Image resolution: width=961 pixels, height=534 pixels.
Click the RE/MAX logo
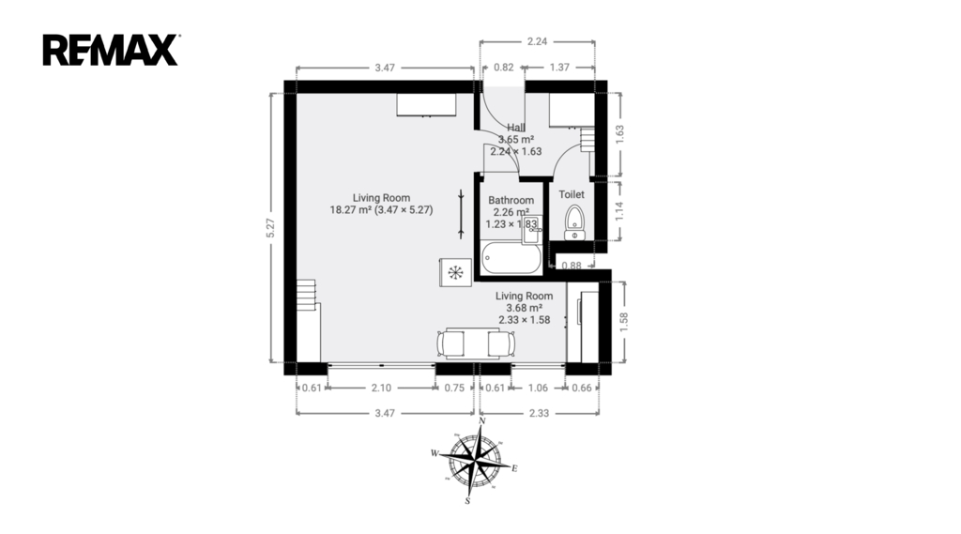click(111, 50)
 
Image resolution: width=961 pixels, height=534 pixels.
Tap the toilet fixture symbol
click(574, 223)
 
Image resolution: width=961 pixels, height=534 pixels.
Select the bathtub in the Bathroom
click(511, 259)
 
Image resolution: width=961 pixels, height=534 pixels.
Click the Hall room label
click(516, 128)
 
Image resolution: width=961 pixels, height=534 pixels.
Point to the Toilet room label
click(572, 194)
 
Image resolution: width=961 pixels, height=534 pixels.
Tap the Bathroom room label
click(511, 201)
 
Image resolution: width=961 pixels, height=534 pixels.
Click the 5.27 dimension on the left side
click(271, 228)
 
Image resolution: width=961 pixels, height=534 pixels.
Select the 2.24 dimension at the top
click(537, 41)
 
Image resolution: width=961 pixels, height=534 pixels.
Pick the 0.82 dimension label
click(504, 68)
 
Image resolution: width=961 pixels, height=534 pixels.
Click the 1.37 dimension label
click(559, 68)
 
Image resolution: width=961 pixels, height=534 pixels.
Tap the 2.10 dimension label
click(381, 388)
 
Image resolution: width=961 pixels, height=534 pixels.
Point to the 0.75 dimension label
click(455, 388)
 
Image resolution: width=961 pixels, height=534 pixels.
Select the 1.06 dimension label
click(538, 388)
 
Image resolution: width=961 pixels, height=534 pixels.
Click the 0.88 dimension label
click(572, 266)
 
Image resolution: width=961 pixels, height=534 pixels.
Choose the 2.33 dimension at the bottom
click(540, 413)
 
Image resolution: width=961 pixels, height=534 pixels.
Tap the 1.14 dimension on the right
click(619, 211)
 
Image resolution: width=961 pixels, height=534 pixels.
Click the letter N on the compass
click(482, 420)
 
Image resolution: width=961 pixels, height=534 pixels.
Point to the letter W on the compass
click(435, 453)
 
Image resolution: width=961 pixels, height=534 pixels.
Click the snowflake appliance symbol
click(455, 273)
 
